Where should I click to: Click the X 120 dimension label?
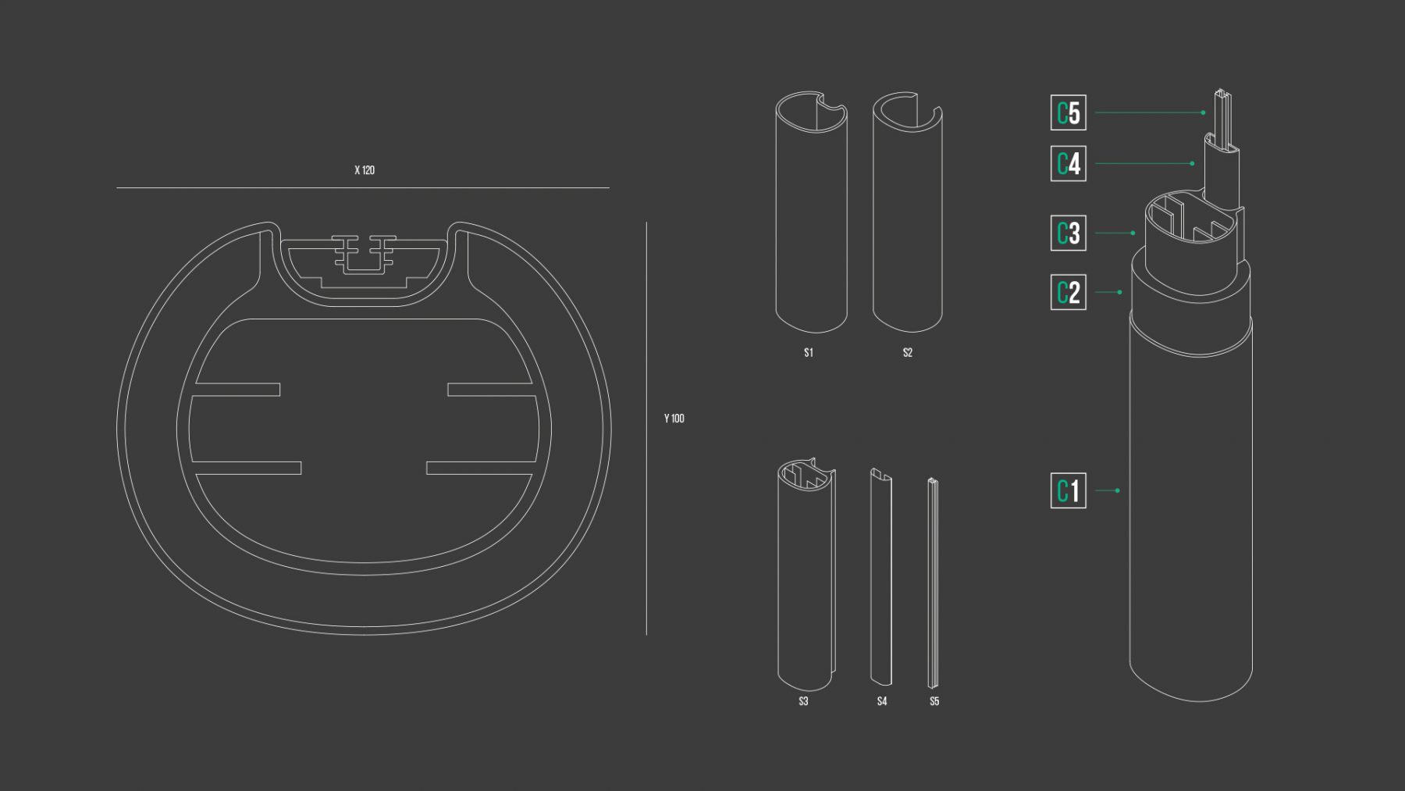(x=365, y=170)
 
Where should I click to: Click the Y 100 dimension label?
(x=674, y=419)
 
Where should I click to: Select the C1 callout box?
(x=1069, y=490)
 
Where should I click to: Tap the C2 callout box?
(x=1069, y=292)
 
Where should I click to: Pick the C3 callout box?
(x=1069, y=233)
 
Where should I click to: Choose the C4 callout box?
(x=1069, y=163)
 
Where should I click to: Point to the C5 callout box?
(x=1069, y=112)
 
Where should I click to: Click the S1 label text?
(x=809, y=353)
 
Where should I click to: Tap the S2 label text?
(x=908, y=353)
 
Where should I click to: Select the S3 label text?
(x=803, y=701)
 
